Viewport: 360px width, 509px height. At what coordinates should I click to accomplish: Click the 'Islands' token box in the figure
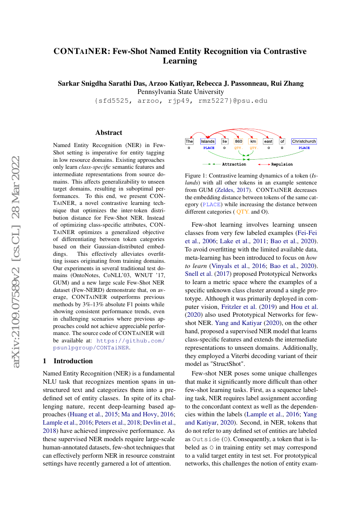(x=208, y=141)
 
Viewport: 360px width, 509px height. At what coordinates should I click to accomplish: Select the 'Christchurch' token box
(x=304, y=141)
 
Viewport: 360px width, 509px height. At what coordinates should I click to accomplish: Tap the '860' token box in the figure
(x=238, y=141)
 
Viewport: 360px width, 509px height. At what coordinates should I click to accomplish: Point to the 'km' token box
(x=253, y=141)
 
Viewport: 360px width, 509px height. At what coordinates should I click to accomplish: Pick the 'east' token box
(x=268, y=141)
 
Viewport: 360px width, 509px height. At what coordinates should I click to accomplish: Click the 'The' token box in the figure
(x=189, y=141)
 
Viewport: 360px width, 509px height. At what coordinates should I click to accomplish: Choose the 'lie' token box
(x=225, y=141)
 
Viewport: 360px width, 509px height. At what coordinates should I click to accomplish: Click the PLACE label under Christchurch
(x=304, y=148)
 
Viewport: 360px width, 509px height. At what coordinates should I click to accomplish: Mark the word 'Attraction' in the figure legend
(x=234, y=164)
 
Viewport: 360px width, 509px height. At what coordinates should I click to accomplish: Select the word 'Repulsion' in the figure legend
(x=282, y=164)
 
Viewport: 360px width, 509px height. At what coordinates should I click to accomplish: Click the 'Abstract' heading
(x=109, y=133)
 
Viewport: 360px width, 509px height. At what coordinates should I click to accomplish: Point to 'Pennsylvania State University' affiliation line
(x=181, y=92)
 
